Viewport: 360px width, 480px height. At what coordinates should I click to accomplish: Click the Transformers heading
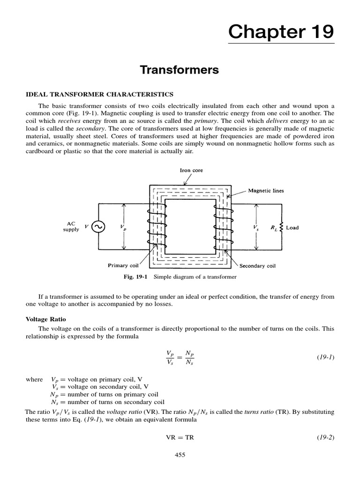tap(180, 70)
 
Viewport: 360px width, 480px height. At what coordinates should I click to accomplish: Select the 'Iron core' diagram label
tap(192, 171)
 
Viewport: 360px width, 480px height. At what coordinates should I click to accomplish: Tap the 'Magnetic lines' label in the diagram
tap(266, 191)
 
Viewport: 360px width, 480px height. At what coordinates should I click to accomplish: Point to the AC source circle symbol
tap(98, 227)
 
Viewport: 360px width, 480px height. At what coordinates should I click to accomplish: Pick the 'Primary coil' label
tap(124, 265)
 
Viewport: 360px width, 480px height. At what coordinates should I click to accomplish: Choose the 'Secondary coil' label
tap(257, 266)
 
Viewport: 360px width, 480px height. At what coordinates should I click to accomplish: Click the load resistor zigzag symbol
tap(281, 227)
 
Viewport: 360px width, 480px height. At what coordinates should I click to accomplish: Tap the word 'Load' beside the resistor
tap(292, 228)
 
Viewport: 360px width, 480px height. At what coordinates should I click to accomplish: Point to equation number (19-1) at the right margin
tap(326, 357)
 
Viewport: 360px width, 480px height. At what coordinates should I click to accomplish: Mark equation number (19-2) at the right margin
tap(326, 437)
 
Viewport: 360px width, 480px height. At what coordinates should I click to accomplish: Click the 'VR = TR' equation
tap(180, 437)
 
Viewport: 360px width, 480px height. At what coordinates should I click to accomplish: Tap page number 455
tap(180, 454)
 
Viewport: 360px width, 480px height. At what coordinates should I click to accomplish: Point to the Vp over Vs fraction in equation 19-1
tap(170, 357)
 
